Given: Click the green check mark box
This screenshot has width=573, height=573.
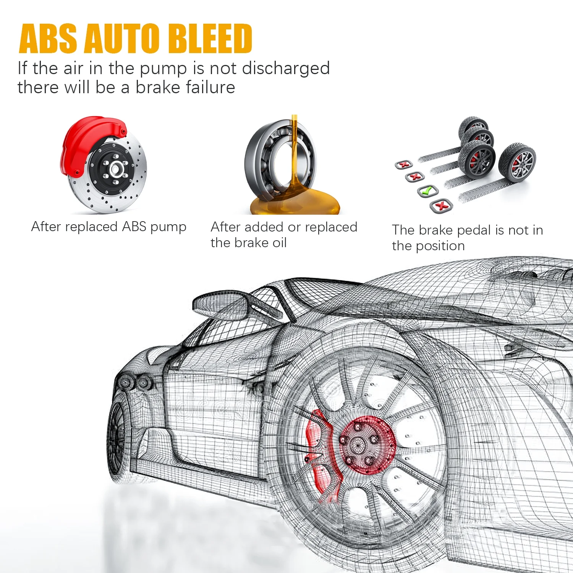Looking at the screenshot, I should [x=427, y=191].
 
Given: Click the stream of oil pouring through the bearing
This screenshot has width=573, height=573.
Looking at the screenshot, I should [x=295, y=153].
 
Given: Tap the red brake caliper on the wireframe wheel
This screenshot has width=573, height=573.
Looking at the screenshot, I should [x=319, y=451].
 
